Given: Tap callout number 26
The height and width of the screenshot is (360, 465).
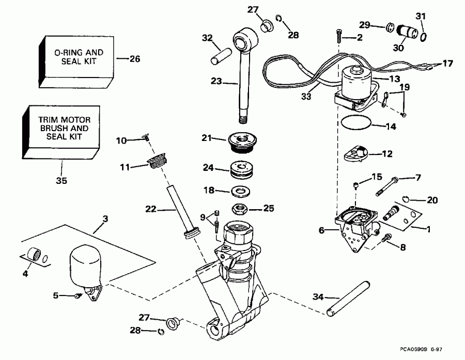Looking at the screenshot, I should (134, 58).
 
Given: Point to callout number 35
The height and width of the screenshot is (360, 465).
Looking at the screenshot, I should (61, 181).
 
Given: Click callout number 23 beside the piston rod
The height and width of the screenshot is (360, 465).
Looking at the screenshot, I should (216, 81).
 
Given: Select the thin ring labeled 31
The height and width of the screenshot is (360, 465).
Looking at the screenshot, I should (423, 37).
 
